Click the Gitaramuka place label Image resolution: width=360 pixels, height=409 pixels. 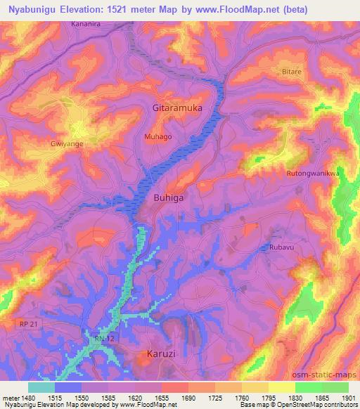coord(178,108)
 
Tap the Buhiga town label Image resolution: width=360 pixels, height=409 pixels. coord(169,198)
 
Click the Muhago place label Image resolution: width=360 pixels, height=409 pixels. coord(157,136)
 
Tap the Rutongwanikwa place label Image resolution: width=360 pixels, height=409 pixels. coord(314,173)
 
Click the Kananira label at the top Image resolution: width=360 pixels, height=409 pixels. coord(88,24)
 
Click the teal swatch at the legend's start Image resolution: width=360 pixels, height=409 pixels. coord(41,387)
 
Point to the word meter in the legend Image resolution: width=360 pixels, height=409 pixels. coord(10,397)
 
